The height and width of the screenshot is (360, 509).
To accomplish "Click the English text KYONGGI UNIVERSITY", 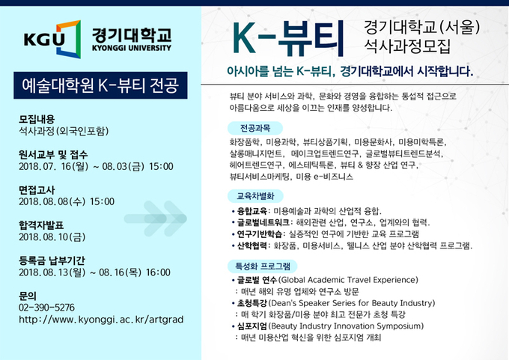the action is [x=132, y=48].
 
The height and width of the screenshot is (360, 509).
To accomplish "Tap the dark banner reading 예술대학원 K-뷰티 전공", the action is [x=100, y=85].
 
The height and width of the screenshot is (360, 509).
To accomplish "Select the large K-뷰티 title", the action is [x=288, y=39].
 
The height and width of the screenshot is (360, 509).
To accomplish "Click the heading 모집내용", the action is [x=37, y=119].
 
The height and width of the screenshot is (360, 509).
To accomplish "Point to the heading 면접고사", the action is [x=37, y=190].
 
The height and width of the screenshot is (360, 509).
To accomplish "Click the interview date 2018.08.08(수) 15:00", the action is [x=67, y=201].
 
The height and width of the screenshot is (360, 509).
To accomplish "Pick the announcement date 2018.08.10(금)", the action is [x=52, y=237].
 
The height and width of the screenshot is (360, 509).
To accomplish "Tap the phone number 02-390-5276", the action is [x=46, y=308].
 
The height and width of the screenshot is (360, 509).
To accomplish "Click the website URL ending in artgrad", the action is [x=101, y=320].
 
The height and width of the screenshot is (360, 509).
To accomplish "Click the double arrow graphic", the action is [x=156, y=219].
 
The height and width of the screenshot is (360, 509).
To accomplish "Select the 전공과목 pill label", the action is [x=255, y=128].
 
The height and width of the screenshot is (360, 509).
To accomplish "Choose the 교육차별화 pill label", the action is [x=255, y=196].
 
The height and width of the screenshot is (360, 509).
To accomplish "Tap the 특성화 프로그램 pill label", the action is [x=262, y=266].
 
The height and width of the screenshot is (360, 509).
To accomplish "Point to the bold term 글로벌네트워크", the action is [x=263, y=223].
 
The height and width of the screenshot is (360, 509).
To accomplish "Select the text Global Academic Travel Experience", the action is [x=348, y=280].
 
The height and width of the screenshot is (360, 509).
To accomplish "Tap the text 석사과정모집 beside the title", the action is [x=407, y=46].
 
